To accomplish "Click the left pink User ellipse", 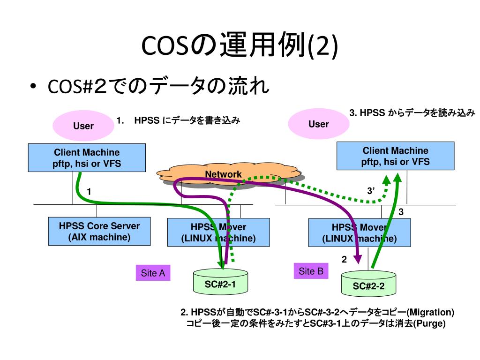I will (x=83, y=126).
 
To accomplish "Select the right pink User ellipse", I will (x=318, y=124).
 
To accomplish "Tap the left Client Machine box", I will (x=86, y=158).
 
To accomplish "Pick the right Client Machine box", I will (x=395, y=156).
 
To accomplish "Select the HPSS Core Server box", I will (x=99, y=231).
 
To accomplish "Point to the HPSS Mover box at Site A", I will (x=218, y=232).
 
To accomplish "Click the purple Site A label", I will (x=153, y=273).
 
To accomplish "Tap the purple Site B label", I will (x=311, y=271).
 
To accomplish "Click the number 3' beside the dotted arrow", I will (x=372, y=191).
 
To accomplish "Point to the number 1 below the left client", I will (x=89, y=191).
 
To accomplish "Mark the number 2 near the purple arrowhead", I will (x=344, y=260).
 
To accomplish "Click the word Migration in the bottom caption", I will (x=430, y=312).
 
